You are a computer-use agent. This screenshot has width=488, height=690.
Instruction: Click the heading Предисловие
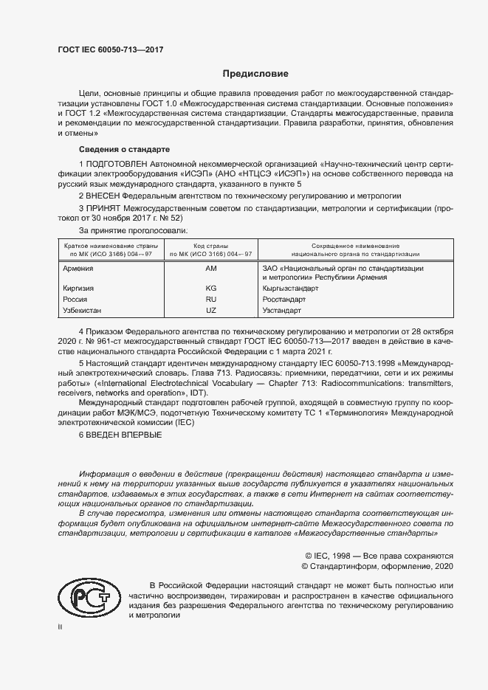(x=256, y=74)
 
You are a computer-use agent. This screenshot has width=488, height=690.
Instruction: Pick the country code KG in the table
(x=211, y=288)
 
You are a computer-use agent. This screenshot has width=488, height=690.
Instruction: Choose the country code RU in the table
(x=211, y=300)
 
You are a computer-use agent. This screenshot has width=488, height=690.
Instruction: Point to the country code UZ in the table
(x=211, y=311)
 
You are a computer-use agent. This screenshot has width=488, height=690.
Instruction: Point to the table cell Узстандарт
(x=283, y=311)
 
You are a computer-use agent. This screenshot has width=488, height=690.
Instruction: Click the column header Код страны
(x=211, y=245)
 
